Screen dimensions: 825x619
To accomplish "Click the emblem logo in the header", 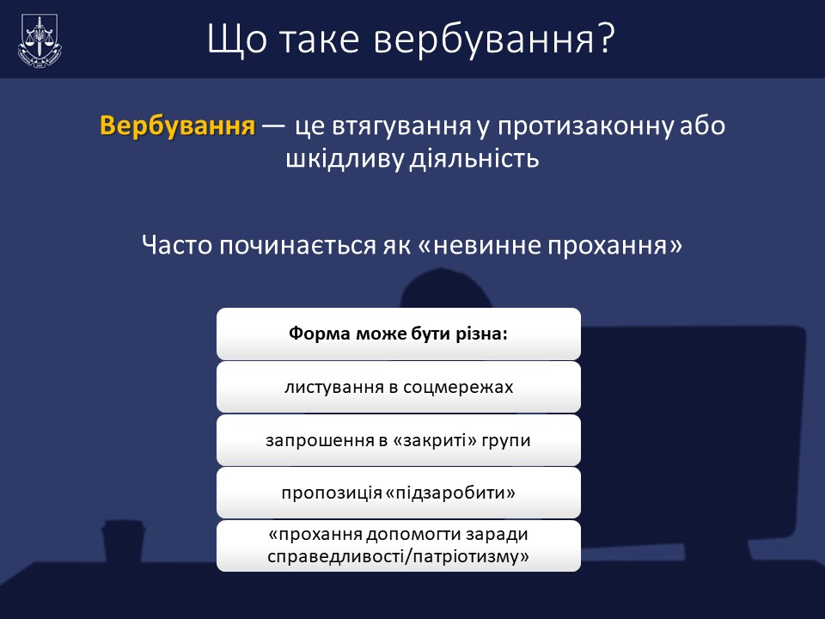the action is point(40,41).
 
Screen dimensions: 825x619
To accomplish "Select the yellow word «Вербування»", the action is point(177,126).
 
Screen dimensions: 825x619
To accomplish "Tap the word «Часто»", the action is point(177,245).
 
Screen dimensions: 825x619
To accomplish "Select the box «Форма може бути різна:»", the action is point(398,334).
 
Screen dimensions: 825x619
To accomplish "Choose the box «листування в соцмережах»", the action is point(398,387).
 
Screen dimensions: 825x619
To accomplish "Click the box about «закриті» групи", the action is point(398,440).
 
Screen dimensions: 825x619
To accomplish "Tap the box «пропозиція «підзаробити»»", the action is point(398,493).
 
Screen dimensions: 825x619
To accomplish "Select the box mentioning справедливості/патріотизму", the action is point(398,546).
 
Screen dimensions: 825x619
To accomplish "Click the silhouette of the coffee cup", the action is point(123,542).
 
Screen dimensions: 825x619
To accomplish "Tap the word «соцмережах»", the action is point(458,387).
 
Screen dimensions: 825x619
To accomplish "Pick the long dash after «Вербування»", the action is point(273,126).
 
